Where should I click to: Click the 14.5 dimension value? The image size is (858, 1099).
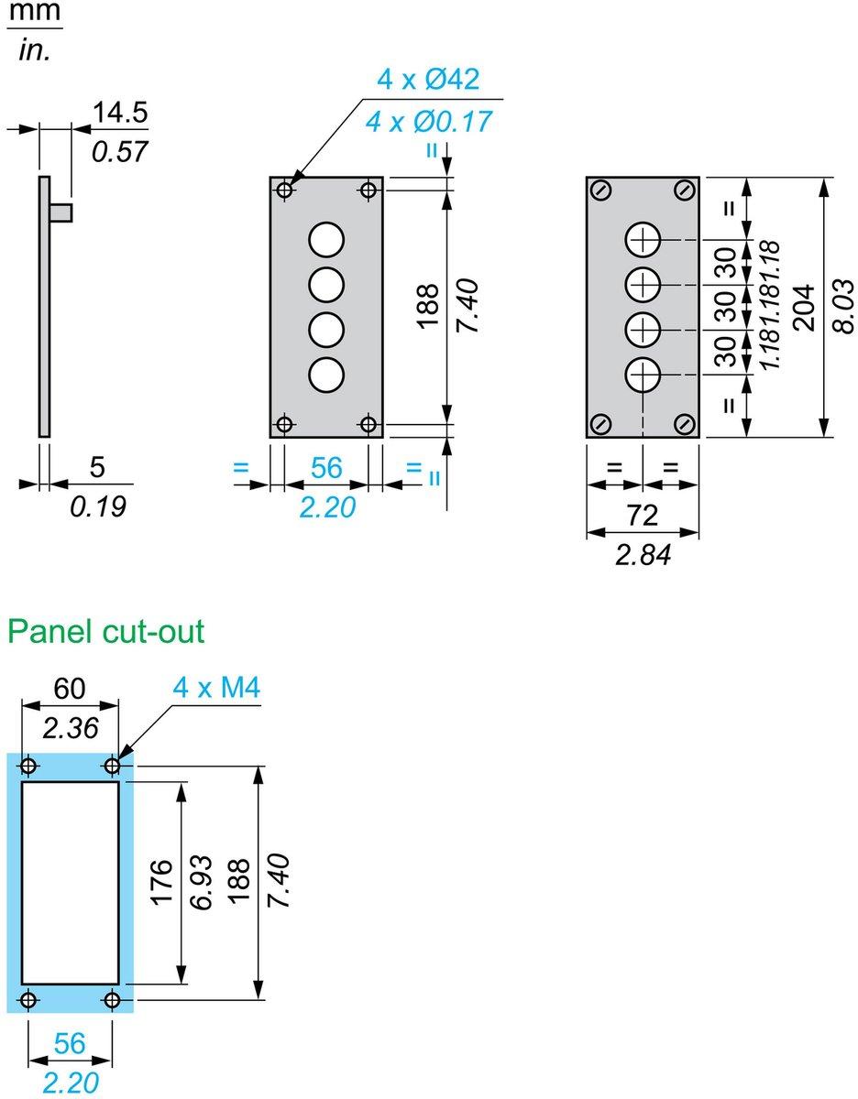tap(120, 113)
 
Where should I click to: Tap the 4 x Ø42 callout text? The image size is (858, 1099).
tap(428, 81)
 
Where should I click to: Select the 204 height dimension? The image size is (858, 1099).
tap(804, 309)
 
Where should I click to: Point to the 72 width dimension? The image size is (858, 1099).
tap(643, 516)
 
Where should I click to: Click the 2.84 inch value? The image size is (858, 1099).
tap(643, 554)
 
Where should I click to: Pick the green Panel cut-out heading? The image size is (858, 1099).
tap(105, 631)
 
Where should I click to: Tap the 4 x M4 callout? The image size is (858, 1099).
tap(216, 689)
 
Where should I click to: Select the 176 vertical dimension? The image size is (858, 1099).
tap(162, 881)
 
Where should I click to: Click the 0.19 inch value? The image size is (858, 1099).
tap(97, 506)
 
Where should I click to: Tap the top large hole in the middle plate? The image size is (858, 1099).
tap(326, 241)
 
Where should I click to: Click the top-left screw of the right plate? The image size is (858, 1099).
tap(600, 190)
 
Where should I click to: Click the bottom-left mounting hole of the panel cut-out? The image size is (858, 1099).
tap(28, 998)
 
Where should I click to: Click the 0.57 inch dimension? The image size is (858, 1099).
tap(120, 150)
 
